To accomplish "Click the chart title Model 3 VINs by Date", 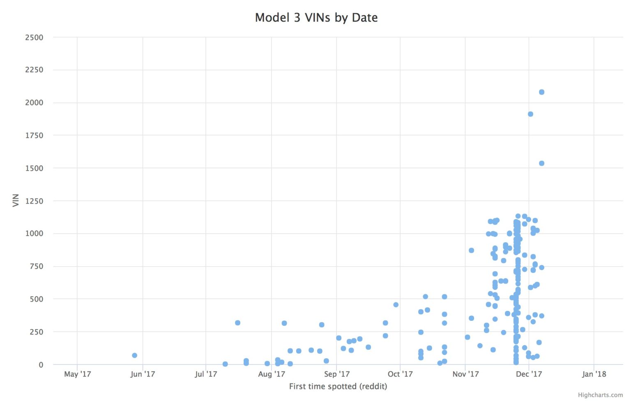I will click(316, 18).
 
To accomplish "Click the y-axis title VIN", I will click(16, 200).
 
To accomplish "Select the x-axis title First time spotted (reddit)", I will click(338, 386).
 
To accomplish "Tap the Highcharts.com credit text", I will click(600, 395).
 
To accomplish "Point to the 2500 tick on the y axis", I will click(34, 37).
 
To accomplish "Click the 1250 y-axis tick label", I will click(34, 201).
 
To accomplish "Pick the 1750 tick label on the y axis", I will click(34, 135).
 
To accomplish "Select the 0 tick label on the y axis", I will click(41, 365).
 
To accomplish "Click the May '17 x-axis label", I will click(77, 374).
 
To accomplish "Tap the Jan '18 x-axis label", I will click(594, 374).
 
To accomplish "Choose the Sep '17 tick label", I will click(336, 374).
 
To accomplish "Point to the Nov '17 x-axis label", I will click(465, 374).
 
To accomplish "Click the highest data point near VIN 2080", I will click(541, 92).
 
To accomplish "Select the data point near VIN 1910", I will click(530, 114).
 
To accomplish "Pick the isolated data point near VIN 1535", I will click(541, 163).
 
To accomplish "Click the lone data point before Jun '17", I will click(134, 355).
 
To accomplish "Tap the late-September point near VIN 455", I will click(396, 305).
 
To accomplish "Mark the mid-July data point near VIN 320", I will click(237, 323).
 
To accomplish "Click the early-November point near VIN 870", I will click(471, 250).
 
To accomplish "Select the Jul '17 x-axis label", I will click(206, 374).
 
